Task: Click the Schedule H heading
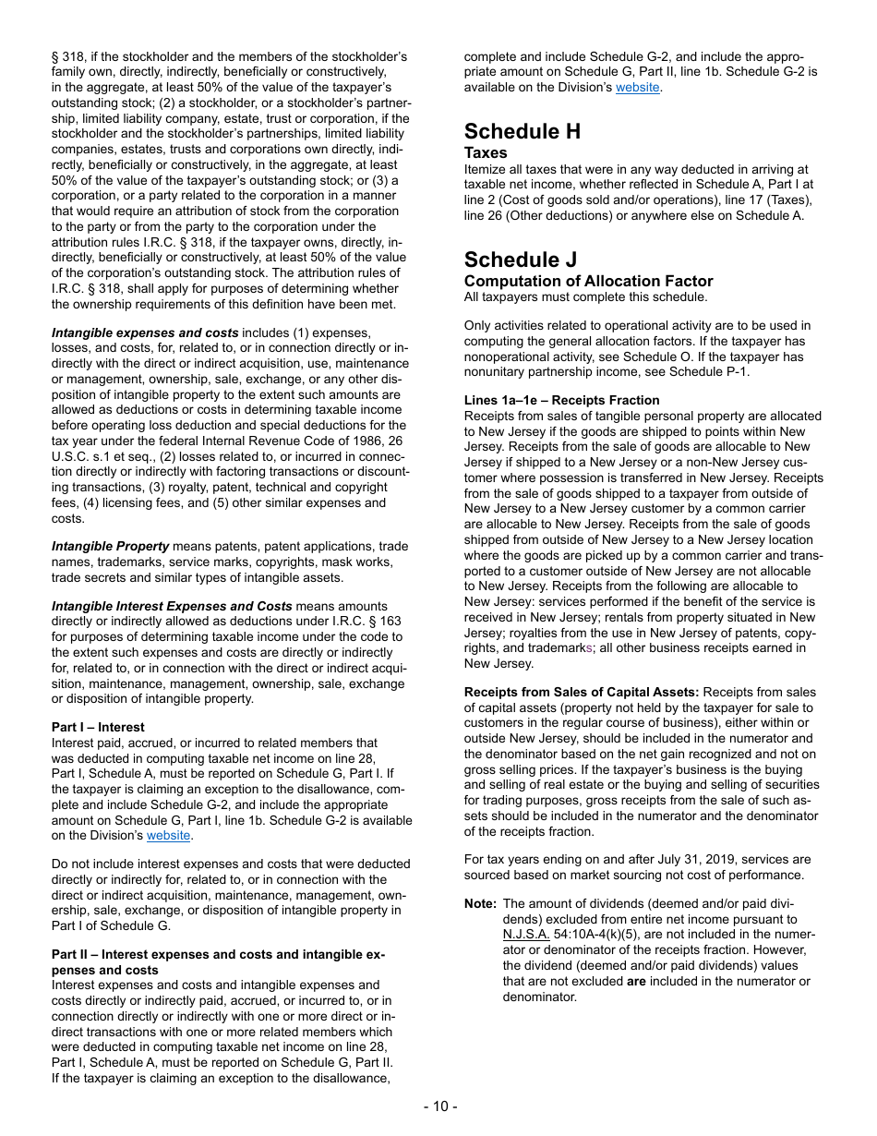[x=523, y=132]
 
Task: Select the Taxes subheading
[x=486, y=153]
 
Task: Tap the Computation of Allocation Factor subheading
[x=588, y=281]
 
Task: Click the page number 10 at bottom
[x=440, y=1106]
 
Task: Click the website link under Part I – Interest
[x=168, y=836]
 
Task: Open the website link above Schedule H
[x=637, y=88]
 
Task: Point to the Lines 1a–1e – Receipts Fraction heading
[x=561, y=401]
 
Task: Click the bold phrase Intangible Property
[x=111, y=547]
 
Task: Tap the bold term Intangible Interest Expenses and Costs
[x=172, y=607]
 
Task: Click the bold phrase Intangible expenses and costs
[x=145, y=332]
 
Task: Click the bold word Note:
[x=480, y=904]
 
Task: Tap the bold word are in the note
[x=636, y=982]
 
